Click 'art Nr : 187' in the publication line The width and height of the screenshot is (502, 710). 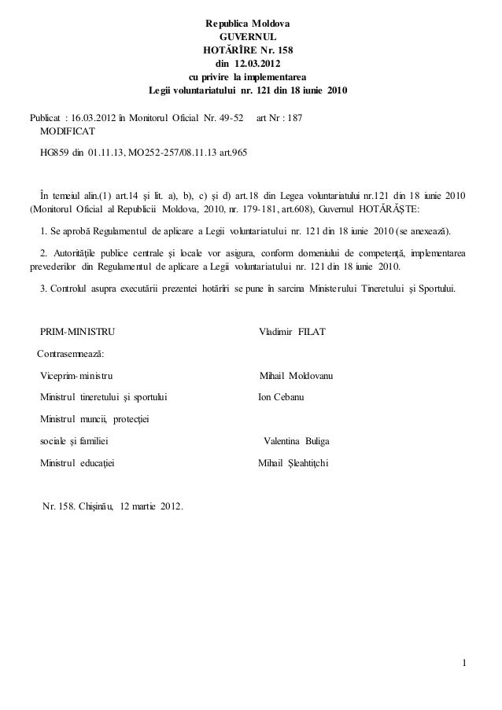(x=279, y=118)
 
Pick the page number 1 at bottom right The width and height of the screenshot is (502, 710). (x=464, y=669)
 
